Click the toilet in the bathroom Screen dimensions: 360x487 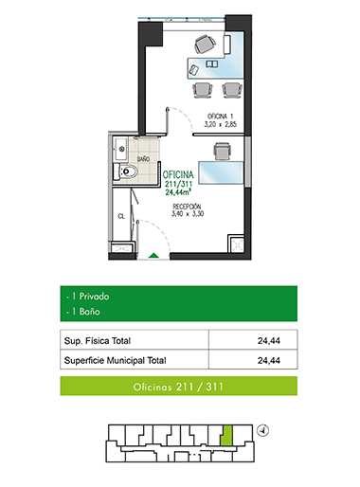(126, 171)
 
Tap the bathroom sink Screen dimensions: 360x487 (121, 149)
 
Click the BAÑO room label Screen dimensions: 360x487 (143, 159)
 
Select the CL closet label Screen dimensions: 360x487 (121, 216)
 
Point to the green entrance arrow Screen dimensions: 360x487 (153, 256)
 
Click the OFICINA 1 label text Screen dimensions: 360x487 (220, 116)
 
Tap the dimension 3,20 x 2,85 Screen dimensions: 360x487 (220, 124)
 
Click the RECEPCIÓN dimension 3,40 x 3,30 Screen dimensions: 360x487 (188, 214)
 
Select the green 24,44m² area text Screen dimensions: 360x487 (178, 191)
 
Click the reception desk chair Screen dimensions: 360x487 (222, 152)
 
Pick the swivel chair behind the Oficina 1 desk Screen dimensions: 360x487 (205, 45)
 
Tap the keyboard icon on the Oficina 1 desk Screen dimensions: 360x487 (212, 64)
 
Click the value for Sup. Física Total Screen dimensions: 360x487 (269, 341)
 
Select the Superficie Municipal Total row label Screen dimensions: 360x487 (115, 360)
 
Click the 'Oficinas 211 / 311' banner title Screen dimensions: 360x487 (178, 387)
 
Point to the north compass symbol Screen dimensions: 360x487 (262, 430)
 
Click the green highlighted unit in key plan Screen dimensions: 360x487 (226, 436)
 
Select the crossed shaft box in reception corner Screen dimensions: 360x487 (237, 244)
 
